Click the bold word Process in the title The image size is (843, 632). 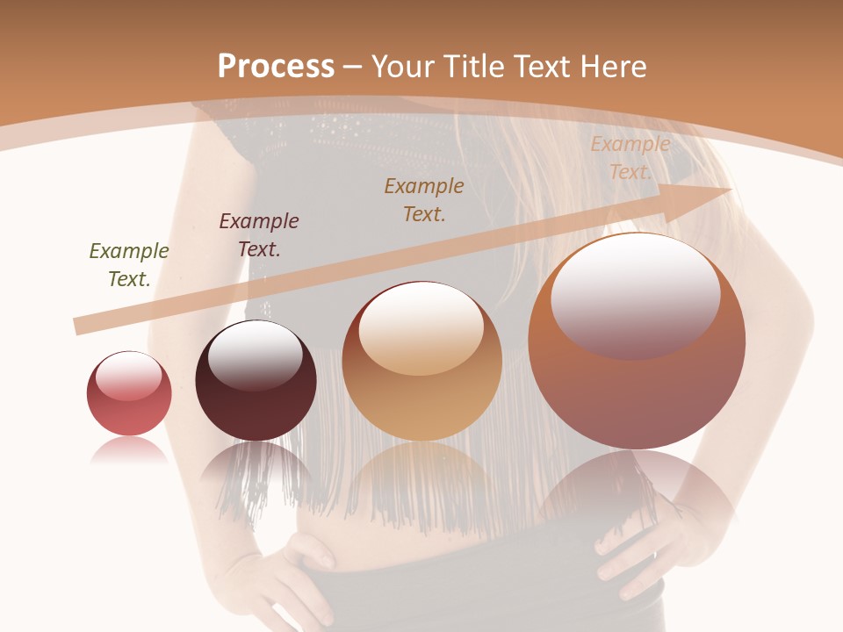click(x=276, y=67)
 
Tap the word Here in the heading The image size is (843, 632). click(x=611, y=67)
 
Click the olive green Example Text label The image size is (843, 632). click(x=129, y=265)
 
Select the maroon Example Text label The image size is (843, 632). click(x=259, y=235)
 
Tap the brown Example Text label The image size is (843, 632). click(x=424, y=199)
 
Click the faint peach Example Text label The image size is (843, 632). click(x=630, y=158)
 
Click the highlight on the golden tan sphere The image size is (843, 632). click(x=421, y=327)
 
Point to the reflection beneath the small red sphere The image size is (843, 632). click(x=129, y=450)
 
